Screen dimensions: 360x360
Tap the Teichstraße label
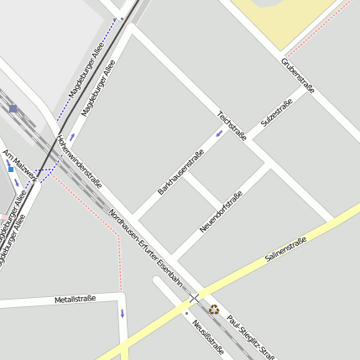231,125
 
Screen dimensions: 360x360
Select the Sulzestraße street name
276,113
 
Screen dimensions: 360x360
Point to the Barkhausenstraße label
180,171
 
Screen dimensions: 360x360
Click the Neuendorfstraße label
222,212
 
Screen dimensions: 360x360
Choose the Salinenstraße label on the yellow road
286,250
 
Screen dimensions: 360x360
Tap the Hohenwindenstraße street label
79,160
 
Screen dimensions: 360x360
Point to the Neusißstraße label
206,337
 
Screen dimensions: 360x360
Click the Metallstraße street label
75,299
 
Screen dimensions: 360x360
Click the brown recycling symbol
214,309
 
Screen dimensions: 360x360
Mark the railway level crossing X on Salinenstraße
195,298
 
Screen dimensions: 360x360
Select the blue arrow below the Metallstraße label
122,315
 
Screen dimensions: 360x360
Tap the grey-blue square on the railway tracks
13,108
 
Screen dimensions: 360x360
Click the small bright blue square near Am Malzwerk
11,170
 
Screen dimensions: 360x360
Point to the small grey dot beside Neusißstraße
186,313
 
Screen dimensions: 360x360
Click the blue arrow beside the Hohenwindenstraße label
72,136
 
